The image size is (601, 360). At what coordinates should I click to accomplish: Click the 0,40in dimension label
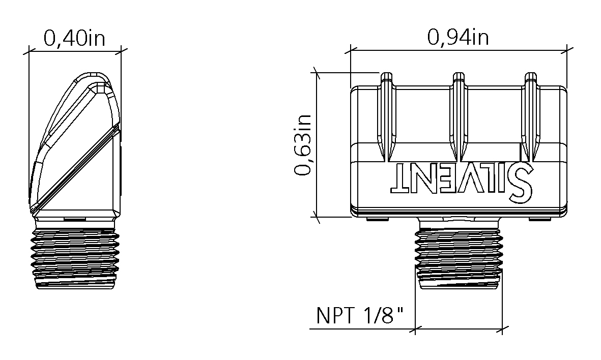(x=74, y=39)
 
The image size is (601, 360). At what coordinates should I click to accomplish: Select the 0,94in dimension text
(x=458, y=38)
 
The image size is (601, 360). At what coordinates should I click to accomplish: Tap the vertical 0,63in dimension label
(x=303, y=145)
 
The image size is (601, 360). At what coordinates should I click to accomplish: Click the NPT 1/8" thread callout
(x=360, y=316)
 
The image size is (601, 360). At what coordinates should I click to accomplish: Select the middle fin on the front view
(x=459, y=116)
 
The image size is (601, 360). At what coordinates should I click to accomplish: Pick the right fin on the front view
(x=530, y=116)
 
